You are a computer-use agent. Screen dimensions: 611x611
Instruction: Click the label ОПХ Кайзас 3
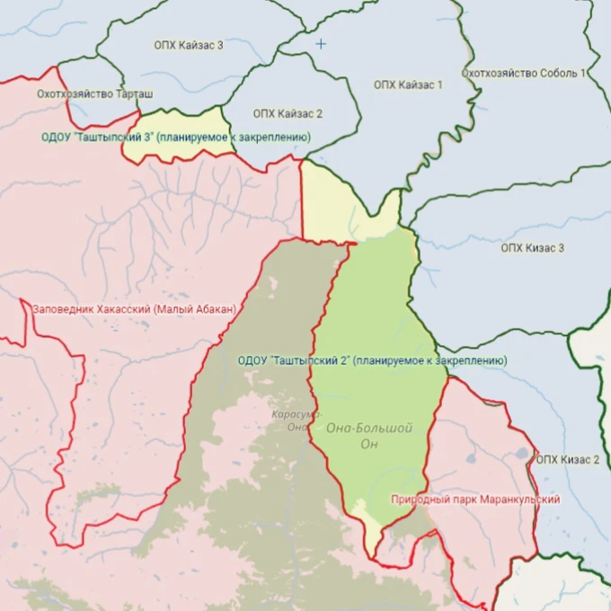pos(190,45)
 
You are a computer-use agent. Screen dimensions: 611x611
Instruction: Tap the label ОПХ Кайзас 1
pos(409,84)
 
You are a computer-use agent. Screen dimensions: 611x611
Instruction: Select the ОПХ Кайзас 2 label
pos(288,113)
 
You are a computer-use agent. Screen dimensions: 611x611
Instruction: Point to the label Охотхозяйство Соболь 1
pos(524,73)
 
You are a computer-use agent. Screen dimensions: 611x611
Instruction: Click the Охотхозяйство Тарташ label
pos(94,93)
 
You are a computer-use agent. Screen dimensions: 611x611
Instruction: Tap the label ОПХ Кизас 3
pos(532,247)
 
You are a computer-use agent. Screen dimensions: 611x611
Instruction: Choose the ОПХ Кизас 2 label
pos(568,459)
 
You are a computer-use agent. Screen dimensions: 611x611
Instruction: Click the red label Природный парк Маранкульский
pos(475,499)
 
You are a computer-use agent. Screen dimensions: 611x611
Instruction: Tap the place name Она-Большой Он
pos(369,436)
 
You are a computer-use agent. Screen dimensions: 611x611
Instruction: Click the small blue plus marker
pos(321,43)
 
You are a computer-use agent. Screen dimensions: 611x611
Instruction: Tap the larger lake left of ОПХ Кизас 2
pos(522,455)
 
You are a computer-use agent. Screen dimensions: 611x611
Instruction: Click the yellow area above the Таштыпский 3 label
pos(180,121)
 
